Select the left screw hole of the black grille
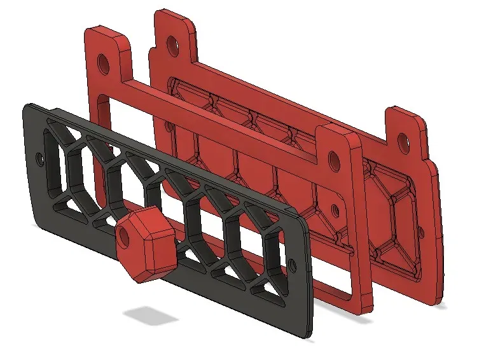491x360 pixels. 41,155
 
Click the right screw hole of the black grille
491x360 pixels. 292,263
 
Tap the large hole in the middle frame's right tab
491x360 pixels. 332,158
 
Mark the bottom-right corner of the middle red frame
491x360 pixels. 367,310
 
